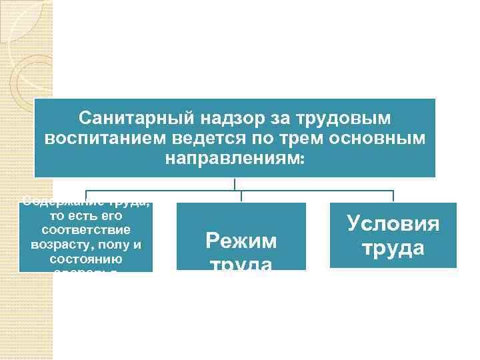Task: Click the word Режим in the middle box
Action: (241, 241)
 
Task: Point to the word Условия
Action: (393, 223)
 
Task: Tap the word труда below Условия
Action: (393, 248)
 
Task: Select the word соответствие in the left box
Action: (86, 230)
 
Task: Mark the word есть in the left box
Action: (79, 217)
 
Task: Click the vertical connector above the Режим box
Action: (241, 196)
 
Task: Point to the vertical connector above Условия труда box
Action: (393, 196)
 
